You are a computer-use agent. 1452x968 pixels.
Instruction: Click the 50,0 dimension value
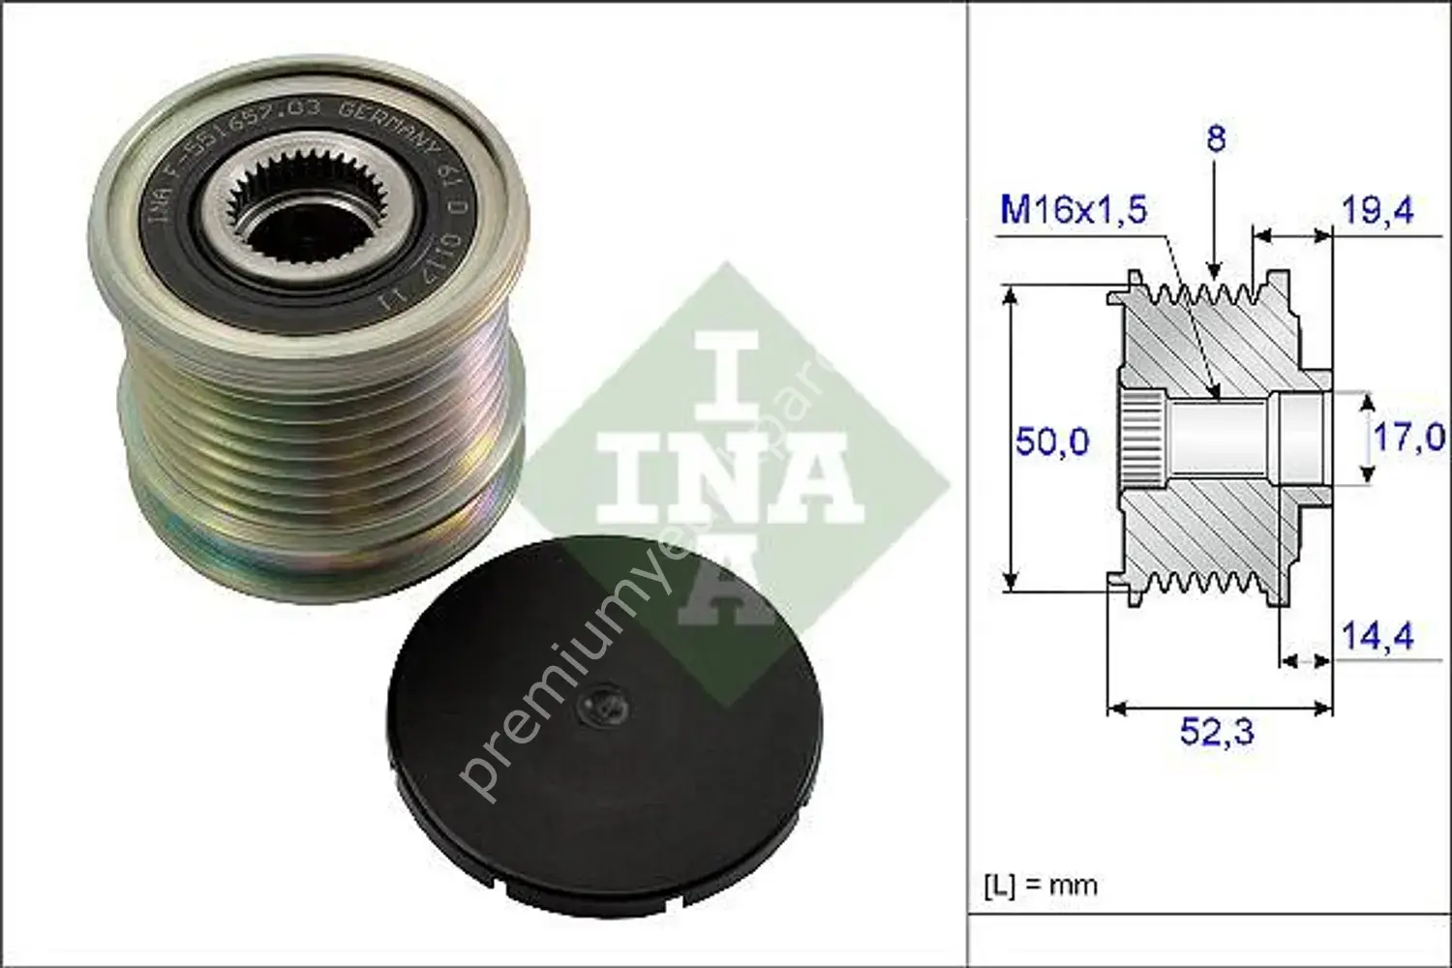click(1051, 442)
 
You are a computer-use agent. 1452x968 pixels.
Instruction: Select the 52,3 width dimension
click(1216, 732)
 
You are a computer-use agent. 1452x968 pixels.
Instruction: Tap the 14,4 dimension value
click(1376, 636)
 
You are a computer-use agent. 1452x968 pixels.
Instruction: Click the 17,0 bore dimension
click(1408, 438)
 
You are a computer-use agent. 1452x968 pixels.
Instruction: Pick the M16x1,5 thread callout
click(1073, 209)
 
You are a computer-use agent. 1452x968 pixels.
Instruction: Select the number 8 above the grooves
click(1216, 138)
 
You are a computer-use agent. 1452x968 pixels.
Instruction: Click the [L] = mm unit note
click(1041, 885)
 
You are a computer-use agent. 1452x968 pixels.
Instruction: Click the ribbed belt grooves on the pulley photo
click(319, 436)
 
